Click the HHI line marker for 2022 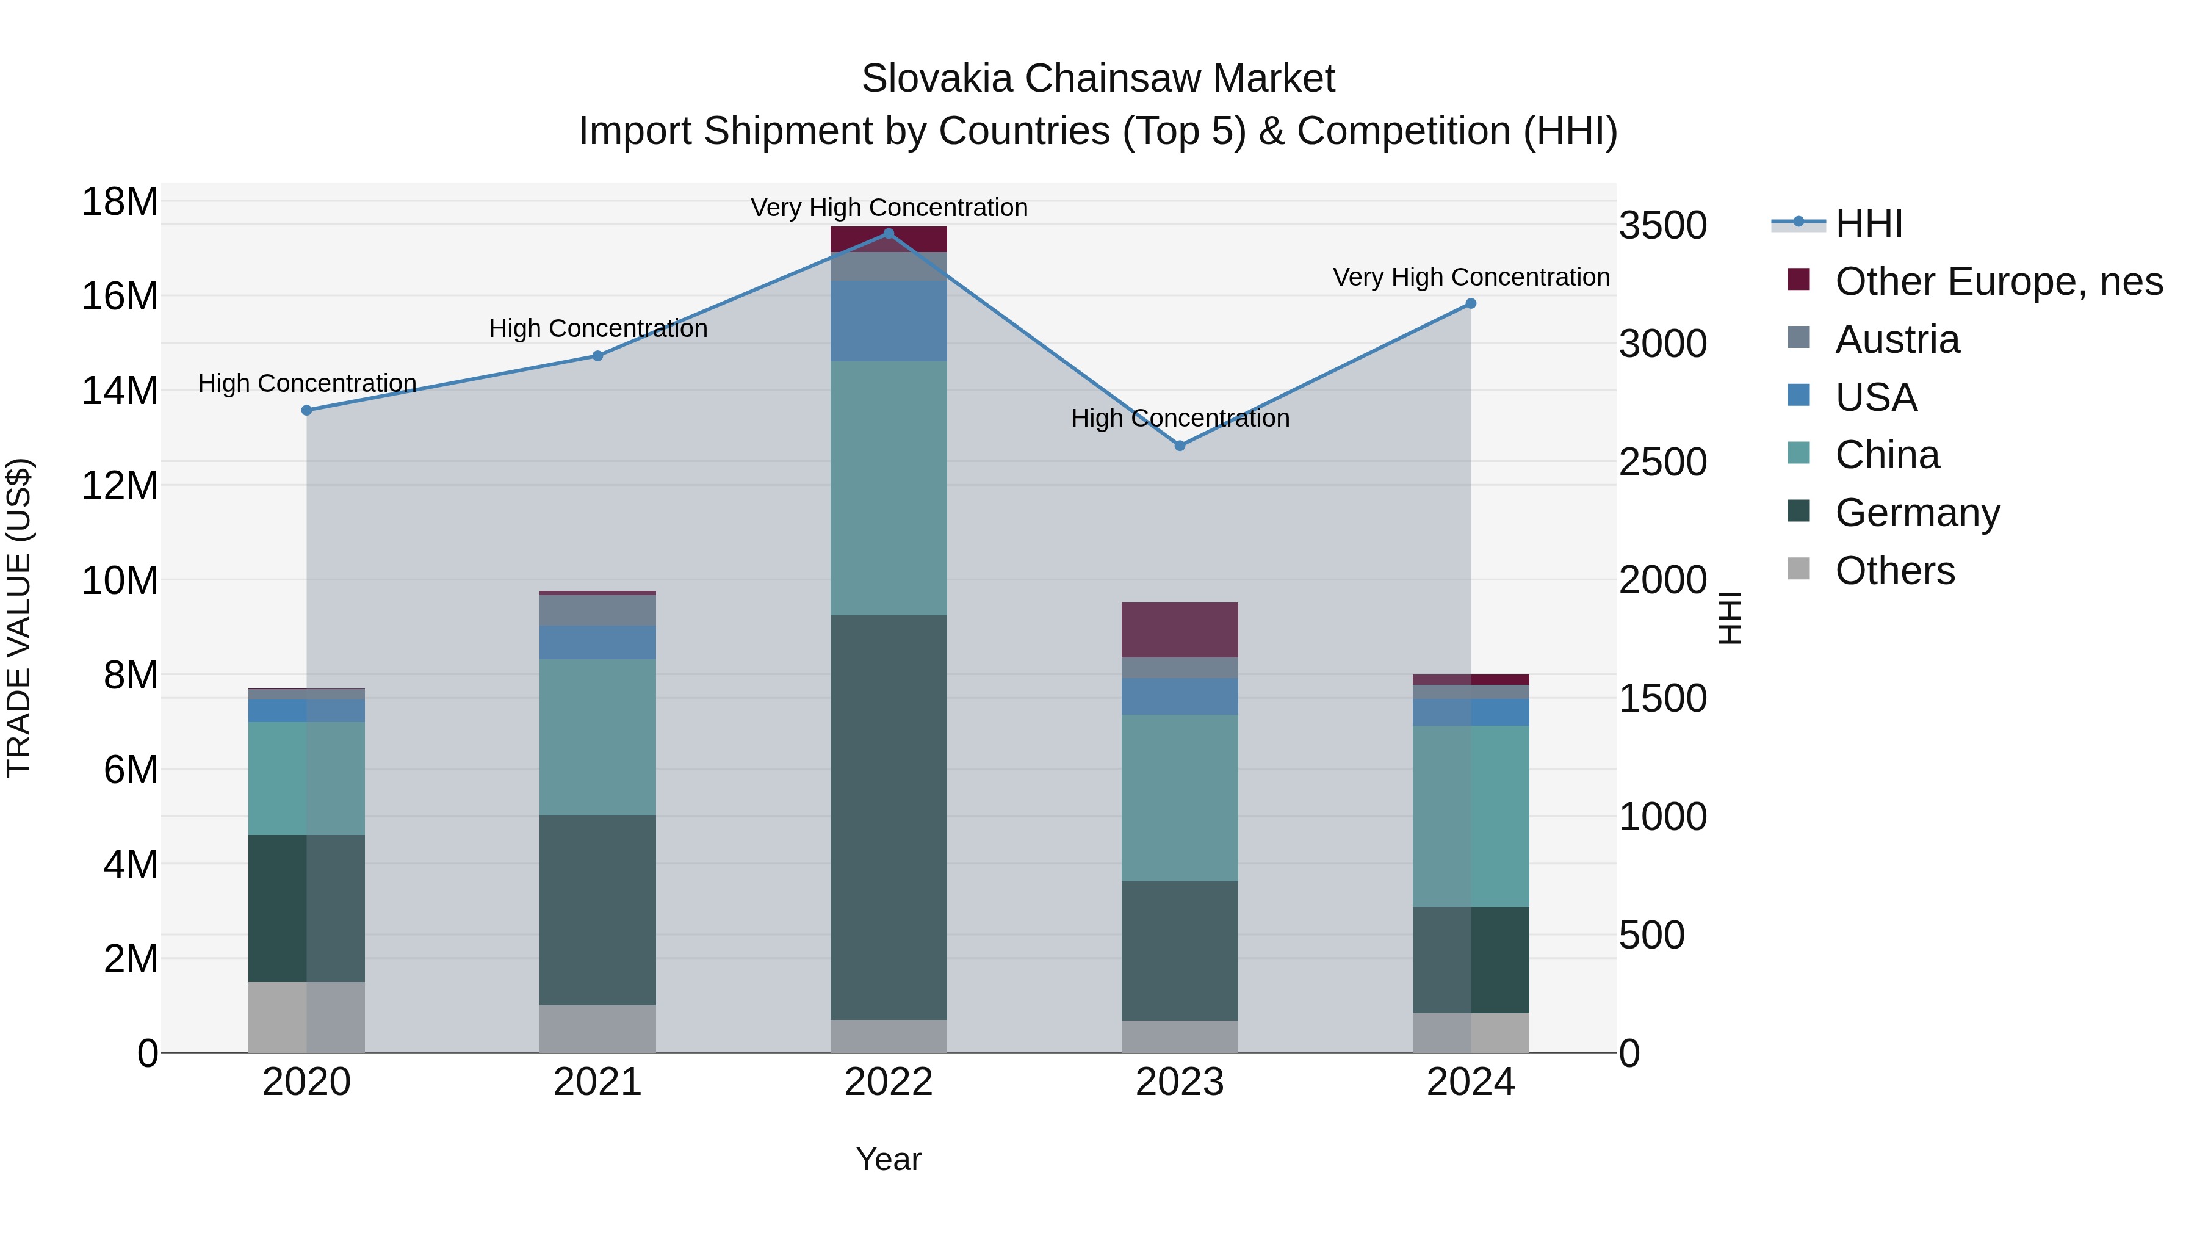point(888,233)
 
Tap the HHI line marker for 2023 point(1180,446)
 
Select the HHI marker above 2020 point(307,410)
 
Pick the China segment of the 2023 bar point(1180,798)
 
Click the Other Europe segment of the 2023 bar point(1180,629)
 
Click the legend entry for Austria point(1897,339)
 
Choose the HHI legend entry point(1868,223)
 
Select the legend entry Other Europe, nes point(1998,281)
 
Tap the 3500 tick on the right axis point(1662,226)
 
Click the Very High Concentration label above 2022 point(889,208)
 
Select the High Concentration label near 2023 point(1180,418)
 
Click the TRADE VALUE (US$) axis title point(19,618)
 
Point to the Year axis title point(888,1159)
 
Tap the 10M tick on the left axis point(120,581)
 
